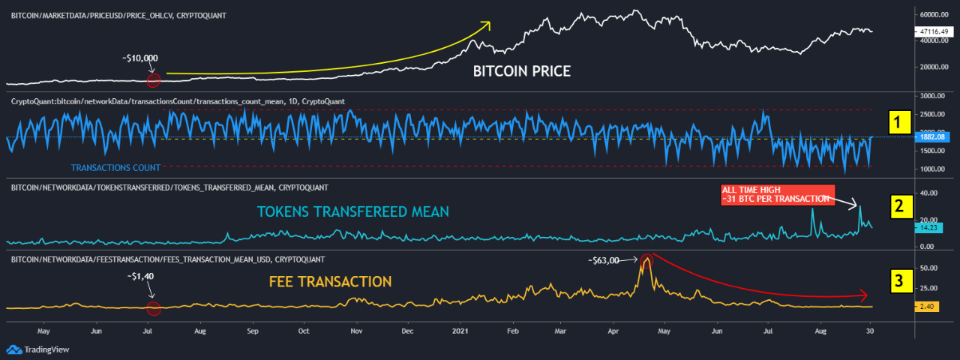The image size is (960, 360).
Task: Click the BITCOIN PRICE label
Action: (521, 71)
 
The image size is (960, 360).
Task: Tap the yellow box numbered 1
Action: (899, 121)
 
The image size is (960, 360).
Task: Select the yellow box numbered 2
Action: (899, 207)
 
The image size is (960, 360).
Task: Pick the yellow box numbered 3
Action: (899, 280)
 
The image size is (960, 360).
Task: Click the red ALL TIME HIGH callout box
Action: (776, 193)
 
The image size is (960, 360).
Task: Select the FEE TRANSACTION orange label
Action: (330, 282)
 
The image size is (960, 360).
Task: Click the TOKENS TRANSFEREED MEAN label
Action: (352, 212)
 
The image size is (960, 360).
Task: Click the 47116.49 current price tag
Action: (932, 31)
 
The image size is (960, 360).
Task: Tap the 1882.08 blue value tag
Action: (932, 137)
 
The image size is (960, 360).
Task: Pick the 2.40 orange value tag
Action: (927, 307)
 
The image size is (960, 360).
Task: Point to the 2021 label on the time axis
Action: (461, 330)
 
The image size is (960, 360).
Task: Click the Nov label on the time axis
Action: (357, 330)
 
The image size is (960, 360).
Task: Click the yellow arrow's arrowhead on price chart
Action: (487, 24)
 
